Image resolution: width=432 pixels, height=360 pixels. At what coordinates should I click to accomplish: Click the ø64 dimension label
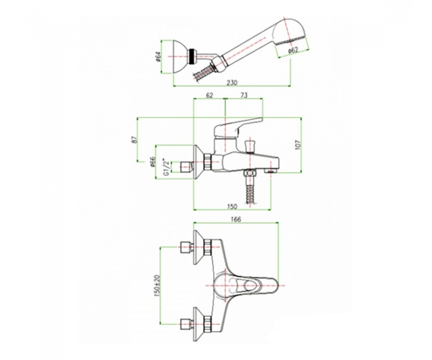(158, 57)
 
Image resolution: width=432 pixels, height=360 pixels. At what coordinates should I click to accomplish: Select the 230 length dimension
(232, 83)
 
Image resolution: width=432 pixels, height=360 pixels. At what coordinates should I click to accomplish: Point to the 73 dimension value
(244, 95)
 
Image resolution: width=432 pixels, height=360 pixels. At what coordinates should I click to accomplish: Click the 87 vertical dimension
(135, 140)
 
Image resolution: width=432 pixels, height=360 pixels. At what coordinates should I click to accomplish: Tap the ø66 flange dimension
(153, 162)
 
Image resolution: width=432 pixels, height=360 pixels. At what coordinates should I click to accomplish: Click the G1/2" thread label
(166, 167)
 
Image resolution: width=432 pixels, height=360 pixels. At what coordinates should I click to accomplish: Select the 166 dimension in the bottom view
(236, 219)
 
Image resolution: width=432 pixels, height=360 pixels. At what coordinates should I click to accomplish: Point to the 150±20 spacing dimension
(157, 286)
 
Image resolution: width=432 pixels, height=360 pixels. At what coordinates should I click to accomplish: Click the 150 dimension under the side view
(232, 206)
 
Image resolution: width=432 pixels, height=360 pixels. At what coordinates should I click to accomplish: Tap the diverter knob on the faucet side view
(250, 146)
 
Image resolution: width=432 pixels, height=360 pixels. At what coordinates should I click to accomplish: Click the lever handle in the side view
(239, 127)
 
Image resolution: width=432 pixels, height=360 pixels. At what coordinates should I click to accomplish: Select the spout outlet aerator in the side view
(271, 172)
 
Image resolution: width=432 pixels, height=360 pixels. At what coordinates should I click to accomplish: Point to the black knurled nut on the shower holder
(191, 56)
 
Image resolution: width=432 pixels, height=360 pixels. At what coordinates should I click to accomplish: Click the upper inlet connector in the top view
(186, 247)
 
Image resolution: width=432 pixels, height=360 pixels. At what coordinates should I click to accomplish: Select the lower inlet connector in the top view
(186, 324)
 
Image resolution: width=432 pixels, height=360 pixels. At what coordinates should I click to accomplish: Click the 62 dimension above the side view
(209, 95)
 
